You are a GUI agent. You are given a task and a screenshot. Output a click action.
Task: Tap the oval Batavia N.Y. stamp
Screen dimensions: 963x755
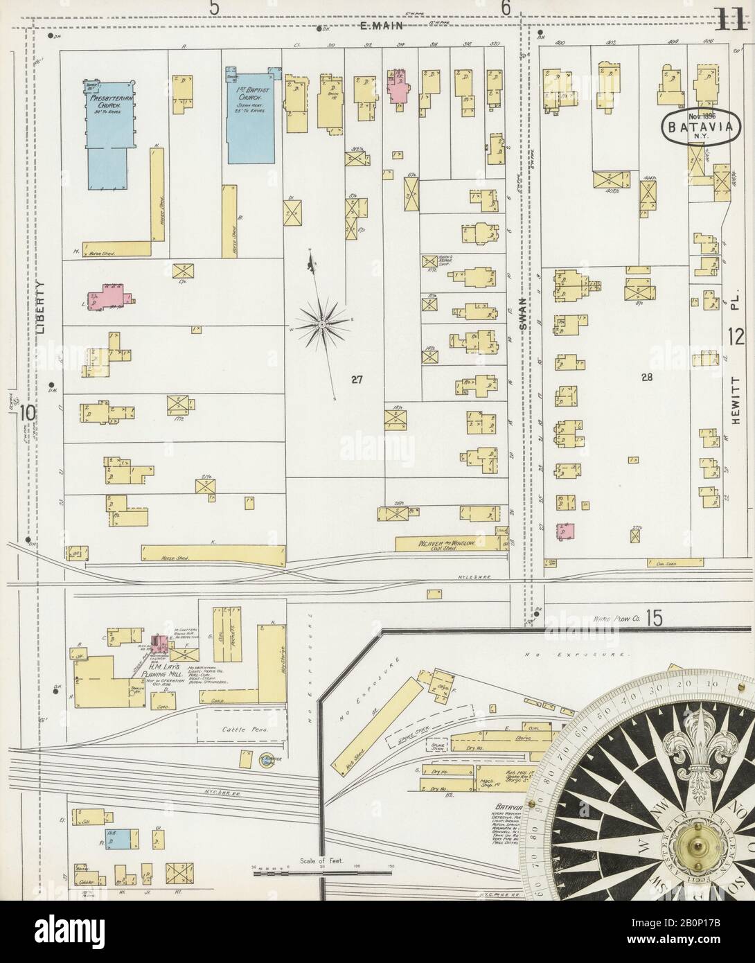pos(695,126)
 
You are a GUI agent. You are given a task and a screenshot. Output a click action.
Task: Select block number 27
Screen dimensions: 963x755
pos(357,379)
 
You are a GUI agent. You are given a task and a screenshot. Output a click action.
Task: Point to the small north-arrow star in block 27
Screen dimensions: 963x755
pos(323,322)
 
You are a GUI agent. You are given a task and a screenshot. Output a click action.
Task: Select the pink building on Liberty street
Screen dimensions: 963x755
pos(117,296)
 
